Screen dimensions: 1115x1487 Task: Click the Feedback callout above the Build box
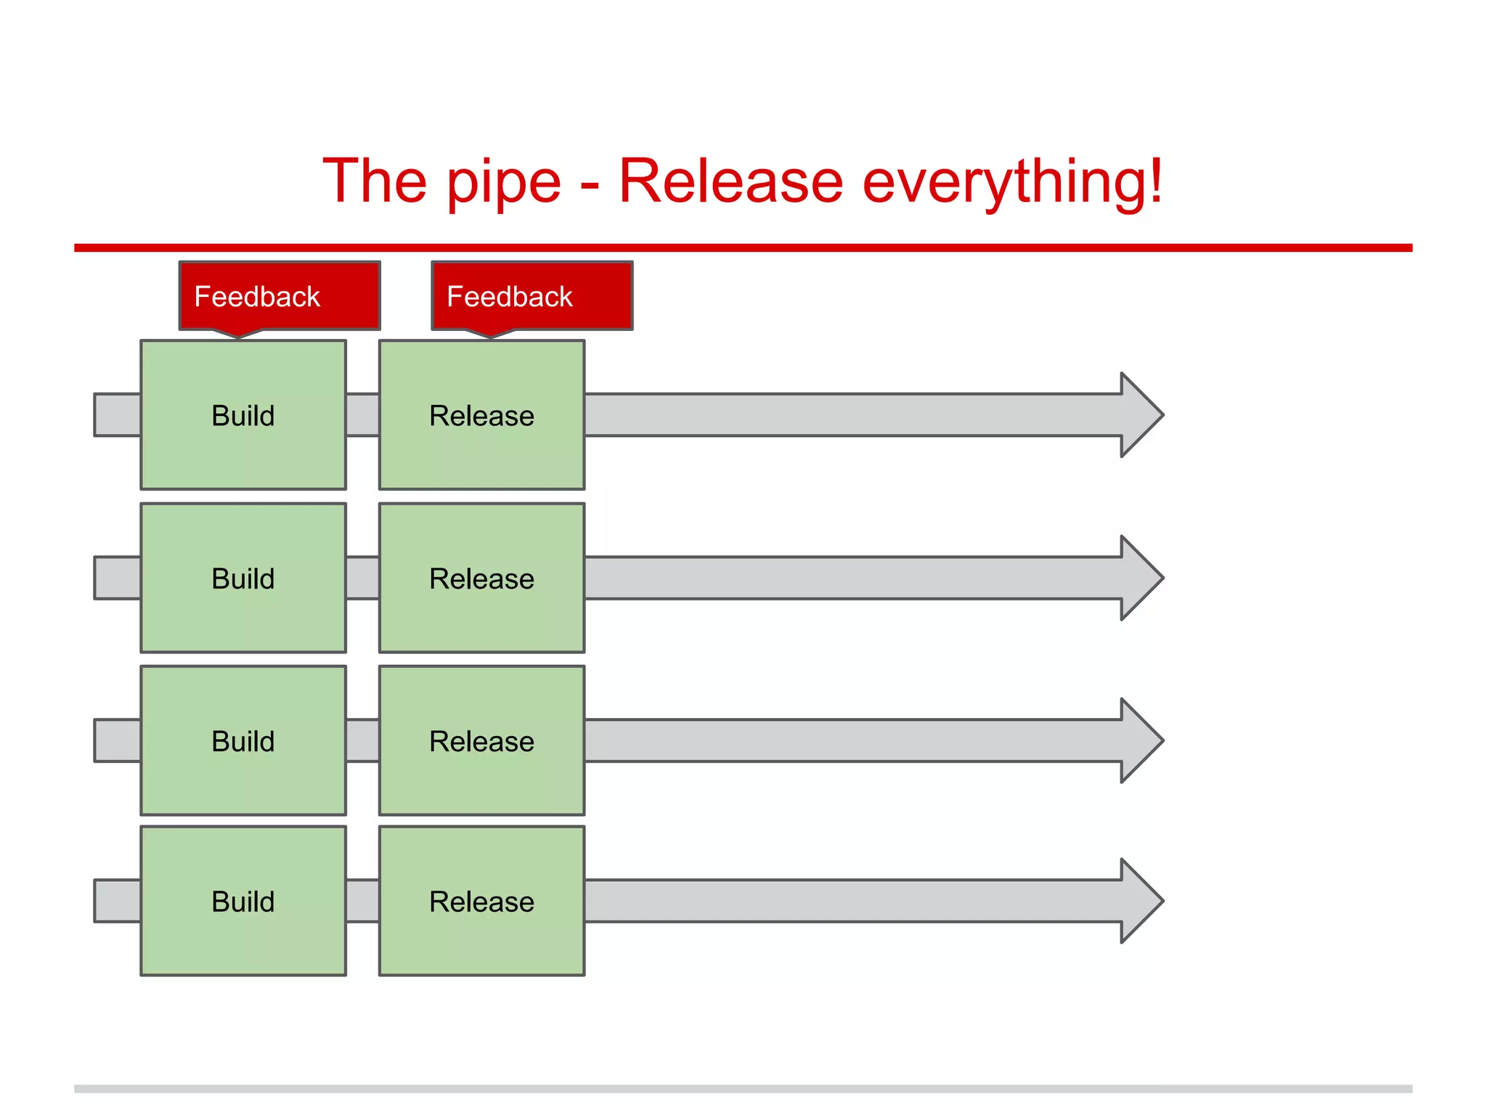click(280, 296)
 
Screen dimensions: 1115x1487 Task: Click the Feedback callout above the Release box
click(532, 296)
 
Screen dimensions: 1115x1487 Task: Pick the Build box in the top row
click(243, 415)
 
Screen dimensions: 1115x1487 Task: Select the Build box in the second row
click(243, 578)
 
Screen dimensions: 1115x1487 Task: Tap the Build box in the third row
click(243, 740)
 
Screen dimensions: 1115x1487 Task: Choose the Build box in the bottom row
click(243, 901)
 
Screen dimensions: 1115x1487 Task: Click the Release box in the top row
click(481, 415)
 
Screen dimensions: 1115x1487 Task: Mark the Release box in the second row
click(481, 578)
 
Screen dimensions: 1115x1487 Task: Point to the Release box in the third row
click(481, 740)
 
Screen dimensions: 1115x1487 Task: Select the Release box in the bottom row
click(481, 901)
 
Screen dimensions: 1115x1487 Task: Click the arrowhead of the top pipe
click(1140, 415)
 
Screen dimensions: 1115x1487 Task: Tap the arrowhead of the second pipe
click(1140, 578)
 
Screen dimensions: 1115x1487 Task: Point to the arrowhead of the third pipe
click(1140, 740)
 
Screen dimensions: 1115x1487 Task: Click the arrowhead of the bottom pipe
click(1140, 901)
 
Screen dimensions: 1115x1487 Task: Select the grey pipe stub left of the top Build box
click(118, 415)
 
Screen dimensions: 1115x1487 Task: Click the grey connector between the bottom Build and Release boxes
click(362, 901)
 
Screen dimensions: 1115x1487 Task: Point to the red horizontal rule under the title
click(743, 248)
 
